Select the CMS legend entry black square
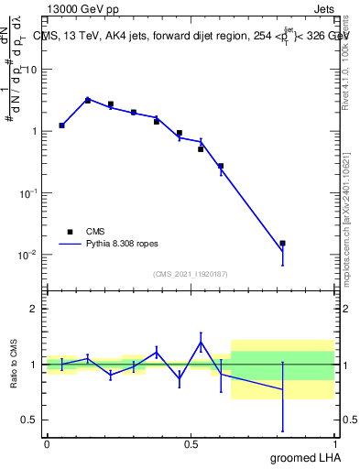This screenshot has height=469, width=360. tap(70, 233)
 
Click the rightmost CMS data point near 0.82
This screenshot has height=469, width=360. tap(282, 244)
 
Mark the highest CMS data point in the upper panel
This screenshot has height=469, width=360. tap(88, 100)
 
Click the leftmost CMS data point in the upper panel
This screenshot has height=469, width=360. tap(61, 125)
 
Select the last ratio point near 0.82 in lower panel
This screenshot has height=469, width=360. tap(282, 389)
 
